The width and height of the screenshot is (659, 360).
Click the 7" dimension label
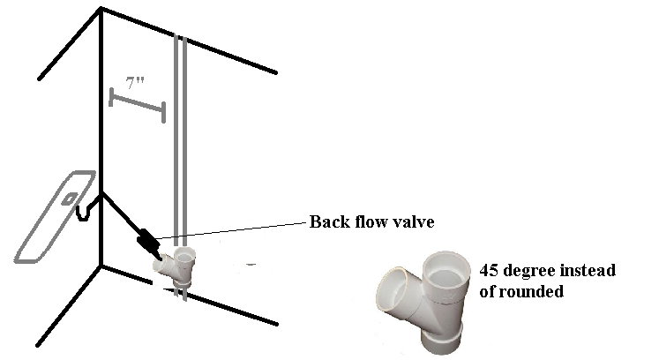click(134, 83)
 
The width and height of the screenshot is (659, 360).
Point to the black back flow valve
click(147, 241)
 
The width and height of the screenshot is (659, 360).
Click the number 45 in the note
click(489, 270)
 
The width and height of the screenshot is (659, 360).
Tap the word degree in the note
click(529, 271)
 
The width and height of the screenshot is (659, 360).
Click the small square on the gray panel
click(70, 199)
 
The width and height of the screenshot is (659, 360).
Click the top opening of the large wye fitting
click(446, 269)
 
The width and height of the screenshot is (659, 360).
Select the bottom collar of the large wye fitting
click(441, 339)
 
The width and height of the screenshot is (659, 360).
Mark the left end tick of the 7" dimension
click(111, 97)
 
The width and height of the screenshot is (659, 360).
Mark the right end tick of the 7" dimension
click(163, 112)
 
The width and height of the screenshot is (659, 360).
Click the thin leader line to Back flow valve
click(231, 231)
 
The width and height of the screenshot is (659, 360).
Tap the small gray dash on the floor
click(251, 264)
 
